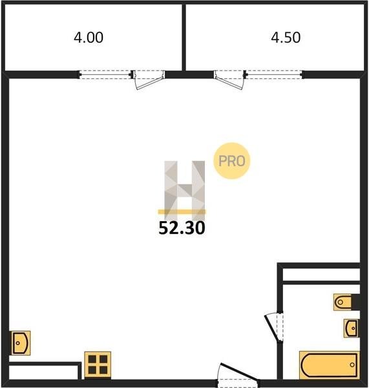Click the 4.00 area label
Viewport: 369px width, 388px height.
[89, 38]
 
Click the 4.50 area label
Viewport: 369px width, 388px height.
[286, 38]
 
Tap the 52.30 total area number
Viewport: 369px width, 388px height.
[182, 228]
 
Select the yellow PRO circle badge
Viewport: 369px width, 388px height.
[232, 161]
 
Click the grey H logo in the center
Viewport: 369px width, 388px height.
[185, 189]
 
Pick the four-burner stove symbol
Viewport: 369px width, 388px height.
[98, 365]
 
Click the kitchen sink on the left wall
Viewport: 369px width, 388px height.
[21, 343]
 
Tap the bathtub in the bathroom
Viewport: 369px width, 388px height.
[330, 365]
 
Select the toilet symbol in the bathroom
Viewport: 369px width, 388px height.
[343, 302]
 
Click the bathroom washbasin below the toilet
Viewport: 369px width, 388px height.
[351, 328]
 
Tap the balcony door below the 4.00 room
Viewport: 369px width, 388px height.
[149, 80]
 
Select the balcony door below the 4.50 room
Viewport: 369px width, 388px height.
[229, 80]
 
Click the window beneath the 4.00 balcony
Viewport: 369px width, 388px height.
[105, 74]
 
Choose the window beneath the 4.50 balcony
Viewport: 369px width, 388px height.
[274, 74]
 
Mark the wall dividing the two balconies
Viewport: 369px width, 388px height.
[184, 37]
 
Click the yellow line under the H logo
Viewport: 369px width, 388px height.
[182, 211]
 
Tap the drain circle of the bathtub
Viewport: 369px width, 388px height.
[352, 365]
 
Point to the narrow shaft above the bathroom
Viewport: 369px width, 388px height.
[321, 275]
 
